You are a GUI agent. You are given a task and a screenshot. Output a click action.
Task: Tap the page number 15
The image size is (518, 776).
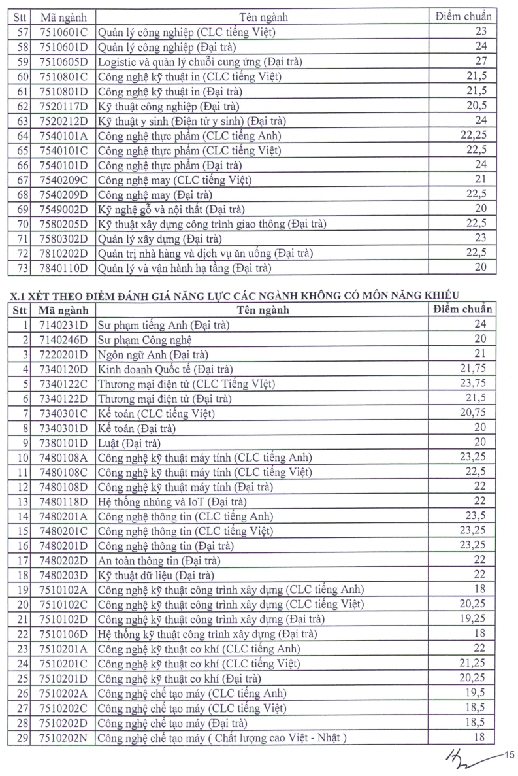click(510, 756)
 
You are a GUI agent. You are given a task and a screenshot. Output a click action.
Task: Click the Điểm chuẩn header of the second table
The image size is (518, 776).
click(463, 309)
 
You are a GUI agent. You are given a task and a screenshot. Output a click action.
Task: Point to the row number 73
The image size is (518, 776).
click(22, 268)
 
